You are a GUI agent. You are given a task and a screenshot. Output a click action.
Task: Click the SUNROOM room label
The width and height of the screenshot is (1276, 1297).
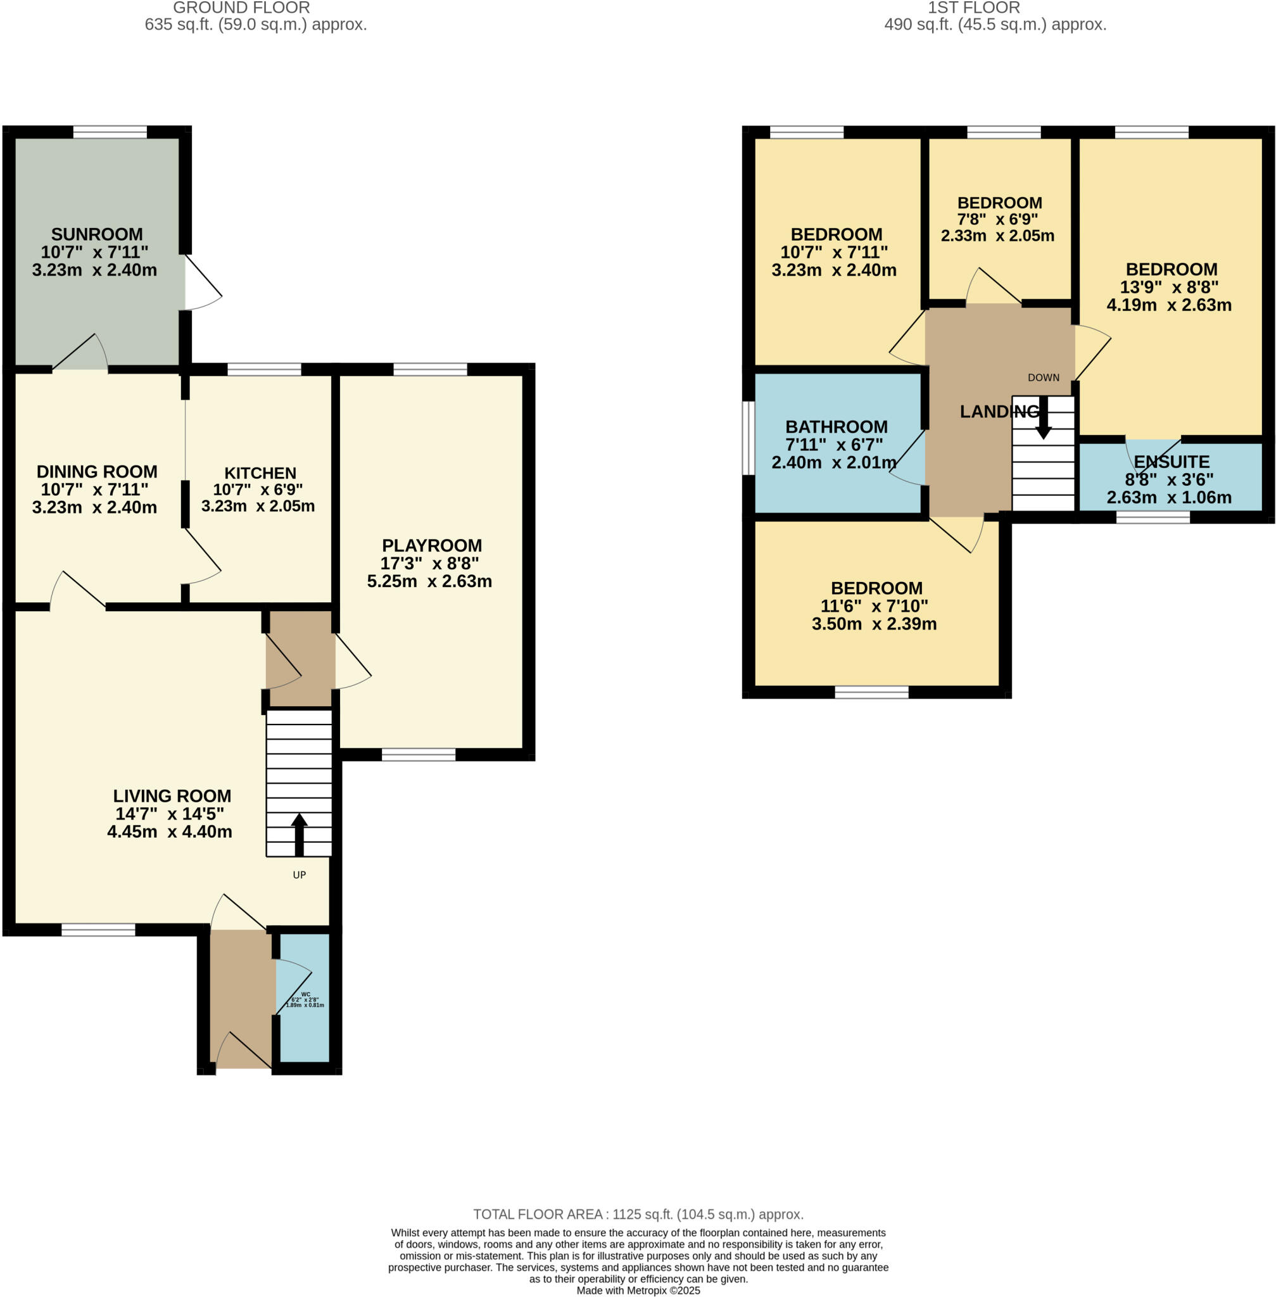(96, 234)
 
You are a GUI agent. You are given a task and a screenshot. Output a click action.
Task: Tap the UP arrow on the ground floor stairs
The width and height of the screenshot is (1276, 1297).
(299, 835)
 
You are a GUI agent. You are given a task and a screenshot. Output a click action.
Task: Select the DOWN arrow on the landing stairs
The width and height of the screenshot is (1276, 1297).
(1043, 417)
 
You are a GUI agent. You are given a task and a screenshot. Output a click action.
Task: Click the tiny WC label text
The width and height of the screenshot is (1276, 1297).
(306, 994)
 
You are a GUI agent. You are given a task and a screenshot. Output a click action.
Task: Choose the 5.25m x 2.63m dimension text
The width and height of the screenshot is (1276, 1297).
(429, 581)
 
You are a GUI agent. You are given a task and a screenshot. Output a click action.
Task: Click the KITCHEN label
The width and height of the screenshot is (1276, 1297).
(260, 472)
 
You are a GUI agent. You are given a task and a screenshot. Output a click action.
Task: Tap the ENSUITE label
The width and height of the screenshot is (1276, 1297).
(1171, 462)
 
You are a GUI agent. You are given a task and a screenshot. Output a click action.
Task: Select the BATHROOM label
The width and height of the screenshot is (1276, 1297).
(836, 426)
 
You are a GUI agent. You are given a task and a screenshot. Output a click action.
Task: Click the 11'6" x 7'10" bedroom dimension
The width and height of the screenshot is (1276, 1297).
(874, 606)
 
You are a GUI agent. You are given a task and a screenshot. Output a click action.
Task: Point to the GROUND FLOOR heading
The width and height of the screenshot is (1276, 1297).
(241, 8)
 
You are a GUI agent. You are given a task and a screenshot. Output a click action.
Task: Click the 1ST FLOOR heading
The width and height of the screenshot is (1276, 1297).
(973, 8)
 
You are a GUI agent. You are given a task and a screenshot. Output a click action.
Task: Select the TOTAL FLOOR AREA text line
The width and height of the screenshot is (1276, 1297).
(638, 1214)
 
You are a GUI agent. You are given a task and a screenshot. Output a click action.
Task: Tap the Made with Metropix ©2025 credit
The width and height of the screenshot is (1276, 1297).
(638, 1289)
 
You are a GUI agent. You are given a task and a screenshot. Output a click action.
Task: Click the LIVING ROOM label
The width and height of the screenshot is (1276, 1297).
(172, 795)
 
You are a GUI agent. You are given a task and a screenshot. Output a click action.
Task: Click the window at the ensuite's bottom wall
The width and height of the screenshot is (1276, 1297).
(1153, 517)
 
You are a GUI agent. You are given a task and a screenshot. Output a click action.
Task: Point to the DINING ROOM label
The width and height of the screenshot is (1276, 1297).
(96, 471)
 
